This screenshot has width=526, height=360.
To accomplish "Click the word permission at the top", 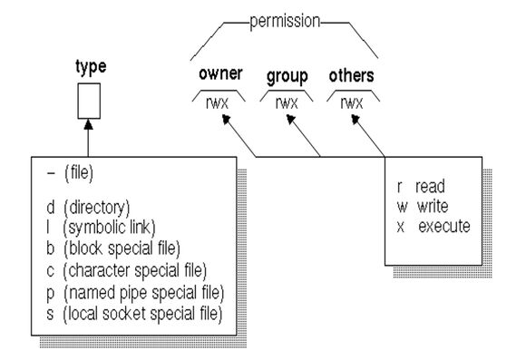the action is [285, 22].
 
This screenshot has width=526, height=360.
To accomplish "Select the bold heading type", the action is [91, 67].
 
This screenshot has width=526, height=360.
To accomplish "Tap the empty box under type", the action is [89, 101].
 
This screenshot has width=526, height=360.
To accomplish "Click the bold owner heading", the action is [220, 73].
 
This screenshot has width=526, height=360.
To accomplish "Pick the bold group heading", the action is [287, 77].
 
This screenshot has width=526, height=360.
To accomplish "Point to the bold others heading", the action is [351, 75].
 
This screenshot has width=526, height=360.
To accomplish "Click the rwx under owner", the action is [217, 102].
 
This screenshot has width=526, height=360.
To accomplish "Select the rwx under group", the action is [287, 102].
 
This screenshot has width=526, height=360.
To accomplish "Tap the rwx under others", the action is [352, 102].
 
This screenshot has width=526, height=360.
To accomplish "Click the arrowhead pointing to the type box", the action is [89, 124].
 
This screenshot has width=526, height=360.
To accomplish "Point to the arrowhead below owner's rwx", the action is [227, 119].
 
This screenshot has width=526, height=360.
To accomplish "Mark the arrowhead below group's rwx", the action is [290, 119].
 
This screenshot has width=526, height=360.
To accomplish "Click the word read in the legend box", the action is [430, 187].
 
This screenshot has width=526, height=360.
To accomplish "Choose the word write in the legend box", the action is [433, 207].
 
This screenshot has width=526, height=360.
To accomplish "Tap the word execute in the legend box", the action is [444, 227].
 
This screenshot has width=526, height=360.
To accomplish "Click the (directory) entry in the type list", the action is [97, 208].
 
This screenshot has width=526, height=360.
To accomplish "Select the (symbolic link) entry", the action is [109, 228].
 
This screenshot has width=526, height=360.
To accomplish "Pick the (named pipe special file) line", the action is [143, 293].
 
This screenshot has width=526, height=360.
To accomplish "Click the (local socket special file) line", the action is [142, 314].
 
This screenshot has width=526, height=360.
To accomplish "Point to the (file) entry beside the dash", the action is [79, 173].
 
